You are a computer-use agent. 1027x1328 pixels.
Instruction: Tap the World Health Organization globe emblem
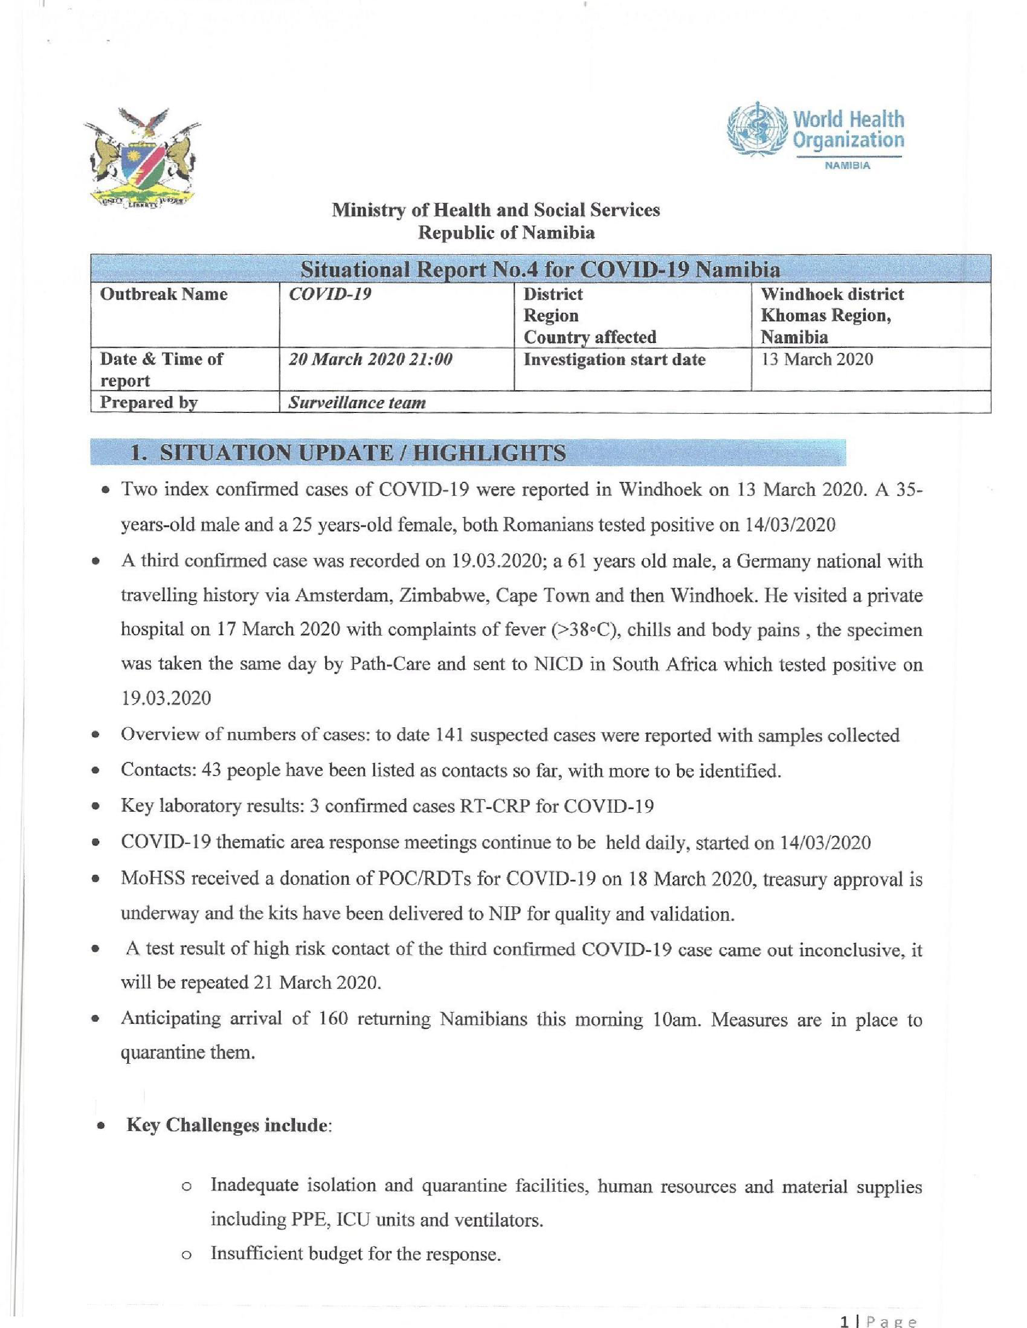(x=756, y=129)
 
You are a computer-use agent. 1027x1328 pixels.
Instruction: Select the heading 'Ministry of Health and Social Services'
(x=496, y=211)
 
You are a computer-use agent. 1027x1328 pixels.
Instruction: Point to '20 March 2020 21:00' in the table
(x=370, y=359)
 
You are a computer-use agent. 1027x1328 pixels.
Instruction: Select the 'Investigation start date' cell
(x=614, y=359)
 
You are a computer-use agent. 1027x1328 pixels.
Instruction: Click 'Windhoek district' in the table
(x=832, y=294)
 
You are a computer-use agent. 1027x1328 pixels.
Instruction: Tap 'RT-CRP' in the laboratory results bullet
(x=498, y=806)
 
